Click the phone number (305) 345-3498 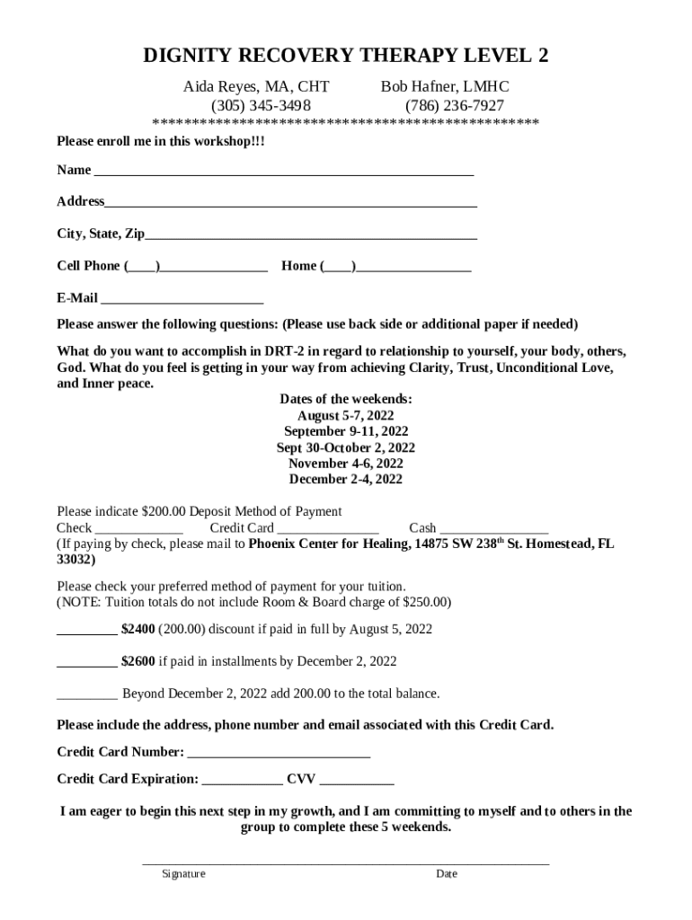pos(254,105)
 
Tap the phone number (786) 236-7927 pos(443,105)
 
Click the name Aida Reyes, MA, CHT pos(256,87)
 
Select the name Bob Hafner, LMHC pos(445,87)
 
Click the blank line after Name pos(283,172)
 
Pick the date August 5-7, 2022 pos(346,416)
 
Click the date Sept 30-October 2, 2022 pos(346,447)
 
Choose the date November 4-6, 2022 pos(346,464)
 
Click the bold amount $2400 pos(138,629)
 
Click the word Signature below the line pos(183,874)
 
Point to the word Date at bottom pos(447,874)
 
